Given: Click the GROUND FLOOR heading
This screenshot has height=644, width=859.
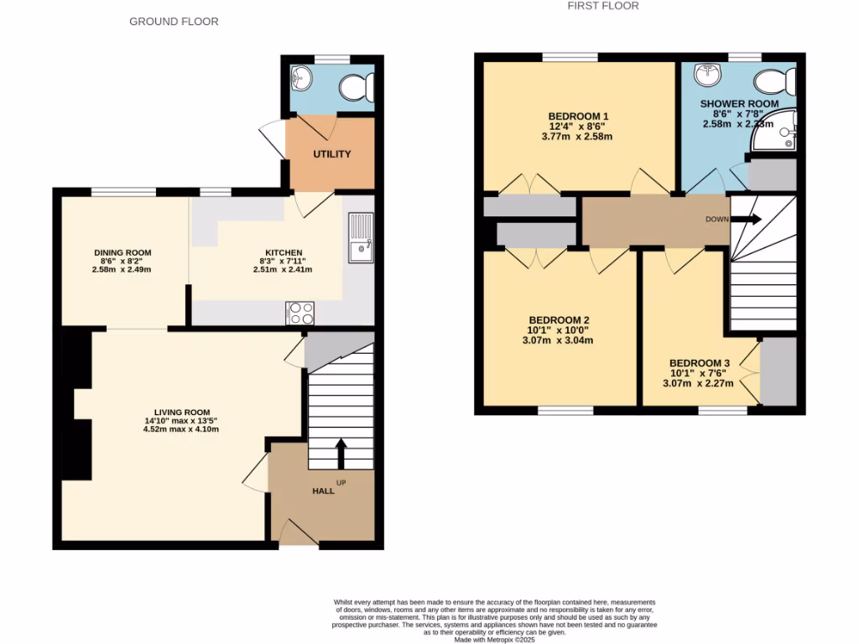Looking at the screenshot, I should (x=174, y=21).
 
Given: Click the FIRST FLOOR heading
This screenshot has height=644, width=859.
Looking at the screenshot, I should (x=603, y=6).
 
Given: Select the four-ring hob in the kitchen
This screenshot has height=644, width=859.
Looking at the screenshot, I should (x=301, y=313).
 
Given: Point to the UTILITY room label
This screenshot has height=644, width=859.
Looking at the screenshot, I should (x=332, y=154).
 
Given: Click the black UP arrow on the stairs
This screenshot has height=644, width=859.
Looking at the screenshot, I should (x=341, y=453).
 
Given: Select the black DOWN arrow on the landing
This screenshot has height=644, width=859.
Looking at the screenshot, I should (x=749, y=220).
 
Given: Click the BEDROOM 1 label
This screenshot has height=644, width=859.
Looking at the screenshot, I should (x=578, y=116).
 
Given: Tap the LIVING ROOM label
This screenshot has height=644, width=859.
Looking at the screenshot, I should (x=181, y=412).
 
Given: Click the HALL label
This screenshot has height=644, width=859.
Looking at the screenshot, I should (x=323, y=491).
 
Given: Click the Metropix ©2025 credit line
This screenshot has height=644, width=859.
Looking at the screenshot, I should (x=494, y=639).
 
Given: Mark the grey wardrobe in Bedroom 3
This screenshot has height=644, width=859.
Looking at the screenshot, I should (x=778, y=371).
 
